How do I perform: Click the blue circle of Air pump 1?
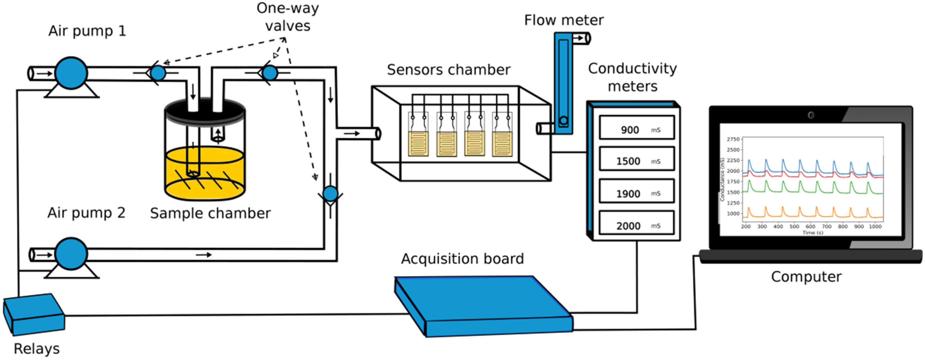tap(71, 73)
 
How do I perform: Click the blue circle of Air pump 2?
tap(71, 254)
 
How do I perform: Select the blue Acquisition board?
tap(481, 305)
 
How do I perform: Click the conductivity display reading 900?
tap(637, 128)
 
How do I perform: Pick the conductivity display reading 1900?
tap(637, 192)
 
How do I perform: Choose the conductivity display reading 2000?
tap(637, 224)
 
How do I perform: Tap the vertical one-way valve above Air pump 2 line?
tap(330, 194)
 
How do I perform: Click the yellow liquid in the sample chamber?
tap(205, 172)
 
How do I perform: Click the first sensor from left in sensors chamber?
tap(418, 144)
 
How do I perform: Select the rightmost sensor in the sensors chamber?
tap(502, 144)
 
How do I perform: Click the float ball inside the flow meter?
tap(563, 121)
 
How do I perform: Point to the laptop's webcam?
tap(811, 115)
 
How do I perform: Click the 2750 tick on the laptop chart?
tap(733, 139)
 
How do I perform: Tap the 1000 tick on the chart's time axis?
tap(875, 227)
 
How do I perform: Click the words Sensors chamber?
tap(449, 70)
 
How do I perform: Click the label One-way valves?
tap(288, 17)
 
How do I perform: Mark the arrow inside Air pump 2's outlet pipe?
tap(204, 255)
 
